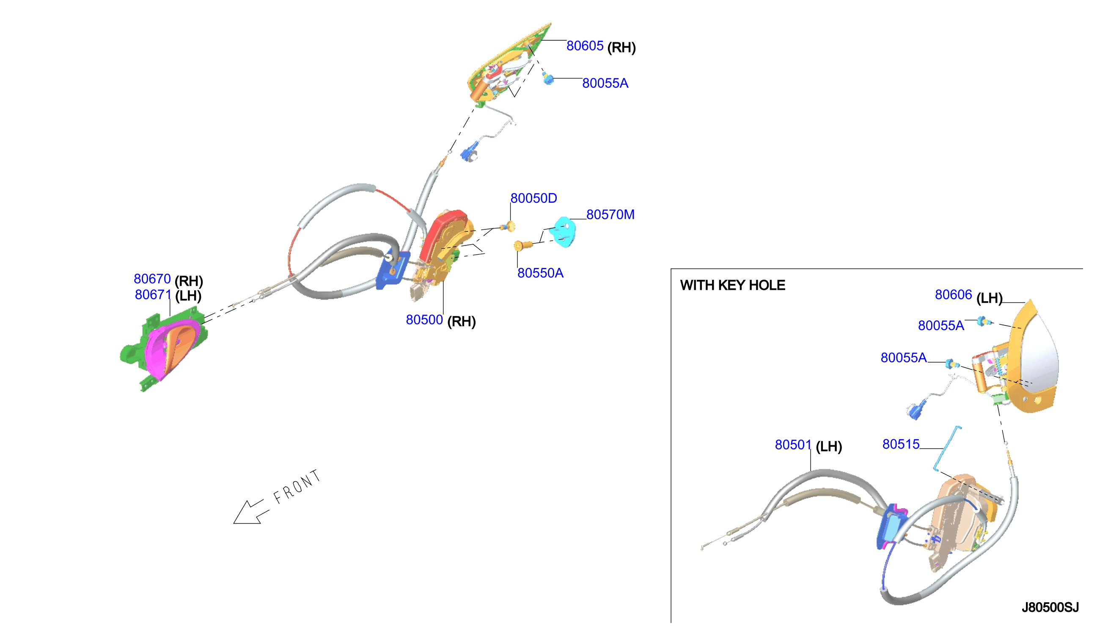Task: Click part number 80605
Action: point(585,46)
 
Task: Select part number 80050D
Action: point(533,198)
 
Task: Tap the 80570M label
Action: point(610,215)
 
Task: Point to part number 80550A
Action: point(540,273)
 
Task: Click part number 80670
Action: point(152,279)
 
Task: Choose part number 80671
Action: point(153,295)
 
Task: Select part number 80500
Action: point(424,320)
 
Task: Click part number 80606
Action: point(953,295)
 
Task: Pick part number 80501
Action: point(793,445)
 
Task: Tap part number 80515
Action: point(901,445)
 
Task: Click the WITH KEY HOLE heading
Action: point(732,286)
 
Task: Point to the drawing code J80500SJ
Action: point(1050,608)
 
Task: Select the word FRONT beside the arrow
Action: point(297,487)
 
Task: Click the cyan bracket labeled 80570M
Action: point(564,232)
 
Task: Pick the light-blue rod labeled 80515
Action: point(947,449)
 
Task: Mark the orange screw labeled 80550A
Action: point(522,246)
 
